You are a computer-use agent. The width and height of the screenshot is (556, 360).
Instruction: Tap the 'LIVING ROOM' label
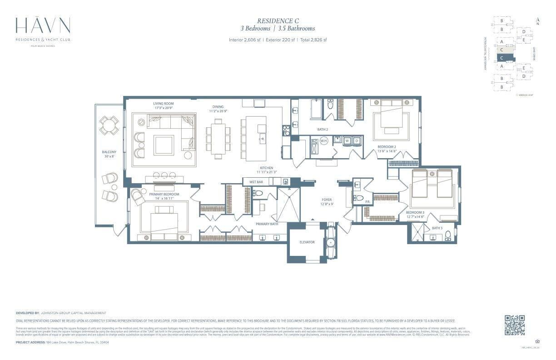163,104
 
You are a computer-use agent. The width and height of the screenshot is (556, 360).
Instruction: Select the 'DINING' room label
218,107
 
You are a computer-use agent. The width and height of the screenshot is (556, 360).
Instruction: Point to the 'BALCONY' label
109,152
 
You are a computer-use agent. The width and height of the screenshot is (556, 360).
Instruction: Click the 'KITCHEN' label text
267,168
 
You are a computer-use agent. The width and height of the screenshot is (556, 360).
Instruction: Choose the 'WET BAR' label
256,182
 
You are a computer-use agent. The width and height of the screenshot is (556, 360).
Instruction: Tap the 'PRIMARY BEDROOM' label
164,194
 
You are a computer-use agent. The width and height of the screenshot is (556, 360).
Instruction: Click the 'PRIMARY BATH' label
267,224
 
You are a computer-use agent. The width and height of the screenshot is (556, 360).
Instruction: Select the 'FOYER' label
327,200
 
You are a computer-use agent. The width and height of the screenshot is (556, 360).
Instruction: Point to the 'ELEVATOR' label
307,242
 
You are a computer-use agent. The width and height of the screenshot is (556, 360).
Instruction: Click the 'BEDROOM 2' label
387,147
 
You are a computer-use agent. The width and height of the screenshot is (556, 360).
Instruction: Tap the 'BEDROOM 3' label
415,212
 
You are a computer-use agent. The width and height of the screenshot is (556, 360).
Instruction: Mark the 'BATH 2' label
323,129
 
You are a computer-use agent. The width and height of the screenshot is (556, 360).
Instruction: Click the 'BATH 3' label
437,228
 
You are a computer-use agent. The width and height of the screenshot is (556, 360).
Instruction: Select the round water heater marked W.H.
324,141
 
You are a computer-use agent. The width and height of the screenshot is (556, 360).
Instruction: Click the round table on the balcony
109,125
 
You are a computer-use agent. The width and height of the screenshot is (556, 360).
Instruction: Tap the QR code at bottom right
515,325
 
